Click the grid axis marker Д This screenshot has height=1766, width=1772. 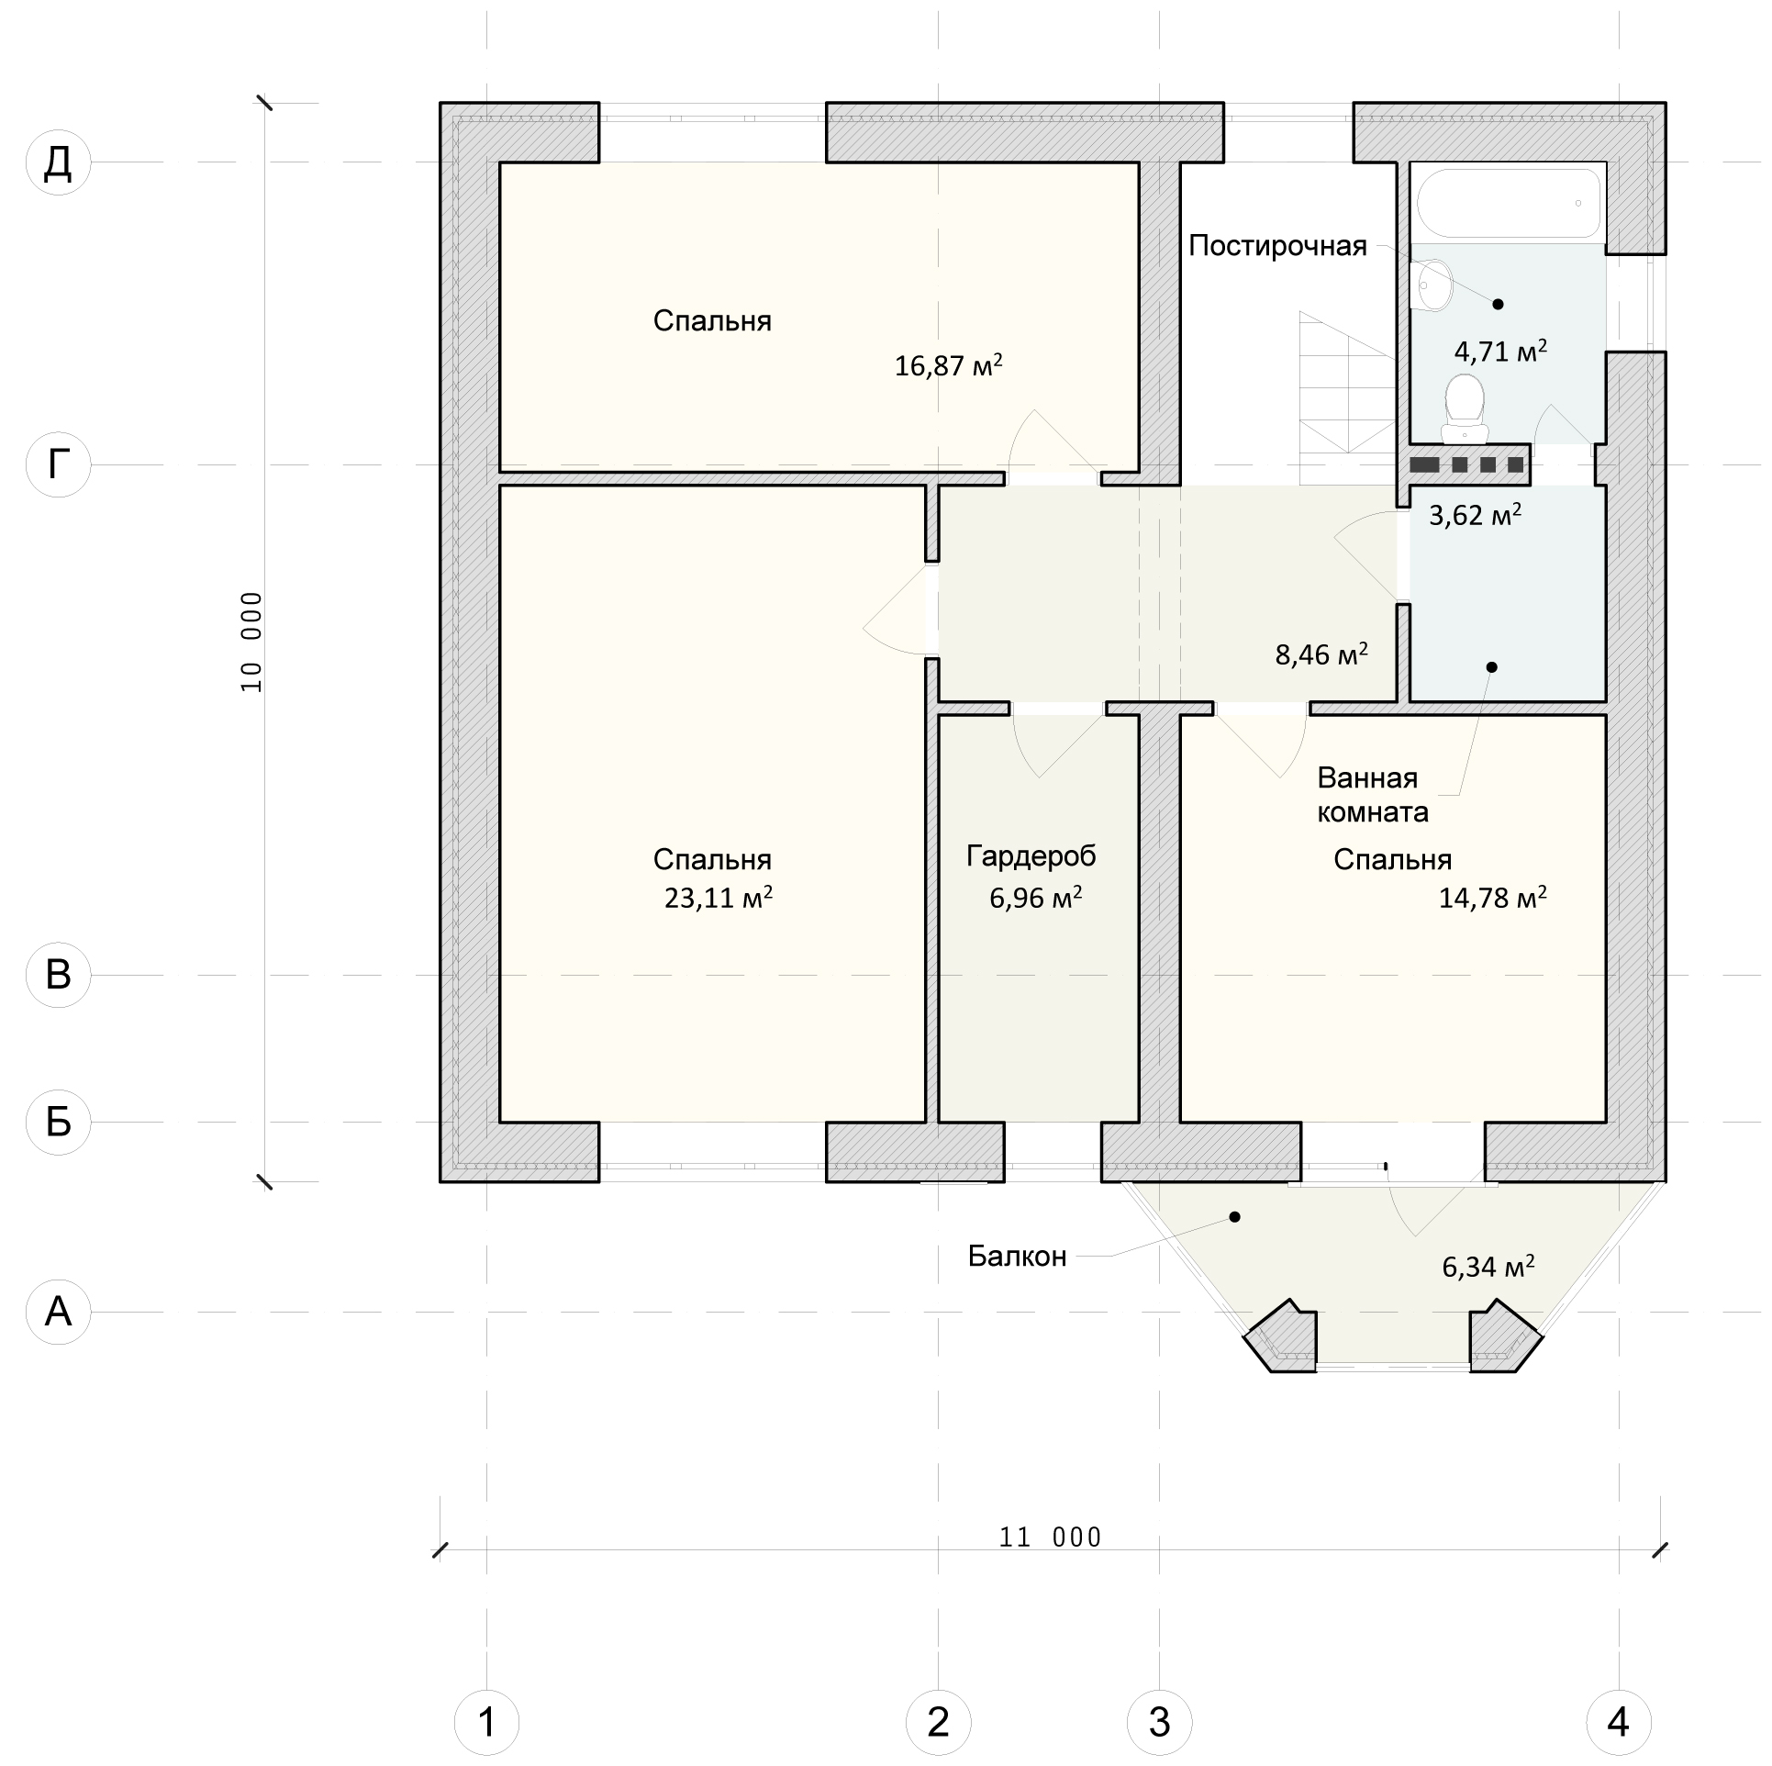(59, 162)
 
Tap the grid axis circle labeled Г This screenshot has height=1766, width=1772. (59, 464)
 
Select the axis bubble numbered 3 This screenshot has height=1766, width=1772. (1160, 1722)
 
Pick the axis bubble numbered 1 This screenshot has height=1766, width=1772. (487, 1722)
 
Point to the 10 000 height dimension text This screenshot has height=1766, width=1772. (251, 642)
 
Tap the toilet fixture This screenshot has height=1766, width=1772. (1465, 408)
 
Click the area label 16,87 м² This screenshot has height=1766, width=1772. (949, 366)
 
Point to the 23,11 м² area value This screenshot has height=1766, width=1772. (719, 897)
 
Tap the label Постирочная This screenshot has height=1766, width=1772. (1278, 246)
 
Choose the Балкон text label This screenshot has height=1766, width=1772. (1018, 1256)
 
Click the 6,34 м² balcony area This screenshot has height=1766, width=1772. (1488, 1267)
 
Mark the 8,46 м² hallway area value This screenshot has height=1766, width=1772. (1321, 654)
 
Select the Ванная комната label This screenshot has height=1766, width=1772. (1373, 795)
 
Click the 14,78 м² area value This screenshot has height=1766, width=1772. (1493, 897)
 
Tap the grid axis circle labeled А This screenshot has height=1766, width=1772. (59, 1312)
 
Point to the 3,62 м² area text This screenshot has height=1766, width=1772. (1476, 515)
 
